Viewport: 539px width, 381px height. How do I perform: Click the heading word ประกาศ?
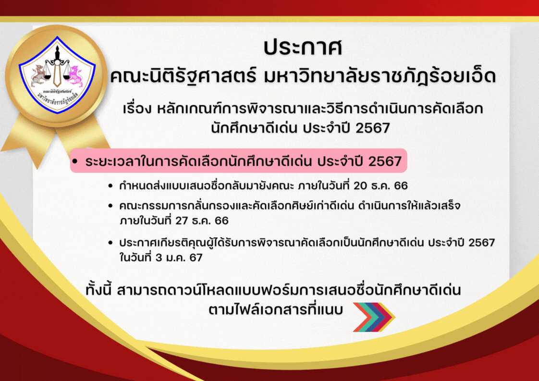point(303,48)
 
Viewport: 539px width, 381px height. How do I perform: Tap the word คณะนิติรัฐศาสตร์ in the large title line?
point(184,76)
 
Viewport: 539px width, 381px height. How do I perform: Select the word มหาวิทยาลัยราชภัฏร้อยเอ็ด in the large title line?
point(380,76)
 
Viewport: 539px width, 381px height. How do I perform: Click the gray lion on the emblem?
point(38,75)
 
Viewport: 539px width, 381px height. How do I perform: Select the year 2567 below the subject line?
point(373,128)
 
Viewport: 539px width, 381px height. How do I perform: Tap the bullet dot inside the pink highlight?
point(75,161)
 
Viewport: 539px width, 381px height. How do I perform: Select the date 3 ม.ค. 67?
point(179,258)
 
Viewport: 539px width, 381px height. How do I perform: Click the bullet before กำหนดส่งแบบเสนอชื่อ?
point(110,186)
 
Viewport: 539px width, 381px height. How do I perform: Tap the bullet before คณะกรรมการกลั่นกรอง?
point(110,206)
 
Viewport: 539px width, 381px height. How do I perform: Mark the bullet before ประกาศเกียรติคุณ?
point(110,243)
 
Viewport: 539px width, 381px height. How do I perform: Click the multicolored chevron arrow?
point(374,317)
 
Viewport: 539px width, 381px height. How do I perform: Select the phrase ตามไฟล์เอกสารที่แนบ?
point(276,309)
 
